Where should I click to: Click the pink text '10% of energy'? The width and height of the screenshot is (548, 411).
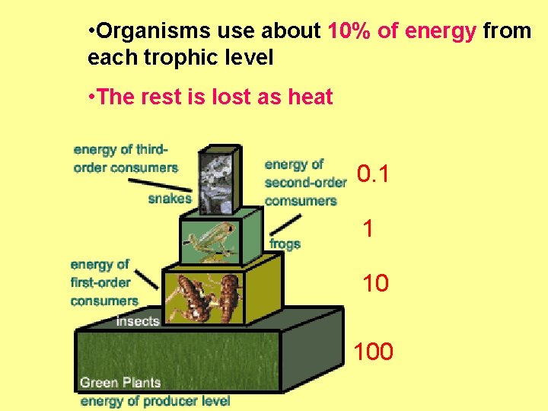(x=402, y=31)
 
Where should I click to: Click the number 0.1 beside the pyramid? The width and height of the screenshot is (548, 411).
(x=374, y=175)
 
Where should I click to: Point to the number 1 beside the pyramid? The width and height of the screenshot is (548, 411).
(x=368, y=228)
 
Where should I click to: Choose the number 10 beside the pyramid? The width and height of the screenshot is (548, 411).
(x=375, y=283)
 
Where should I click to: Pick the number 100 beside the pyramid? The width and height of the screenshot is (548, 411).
(x=373, y=352)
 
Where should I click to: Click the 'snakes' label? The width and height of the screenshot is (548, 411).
(x=170, y=199)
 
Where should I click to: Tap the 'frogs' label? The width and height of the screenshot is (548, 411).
(x=285, y=244)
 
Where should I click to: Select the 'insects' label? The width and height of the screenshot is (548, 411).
(x=138, y=321)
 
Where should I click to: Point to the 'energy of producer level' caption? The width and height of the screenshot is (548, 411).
(x=155, y=400)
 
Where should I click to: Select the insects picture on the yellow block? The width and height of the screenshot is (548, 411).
(x=203, y=298)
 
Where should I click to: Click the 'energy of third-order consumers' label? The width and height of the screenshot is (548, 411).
(x=126, y=158)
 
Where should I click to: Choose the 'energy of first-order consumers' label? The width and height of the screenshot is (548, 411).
(x=104, y=282)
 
